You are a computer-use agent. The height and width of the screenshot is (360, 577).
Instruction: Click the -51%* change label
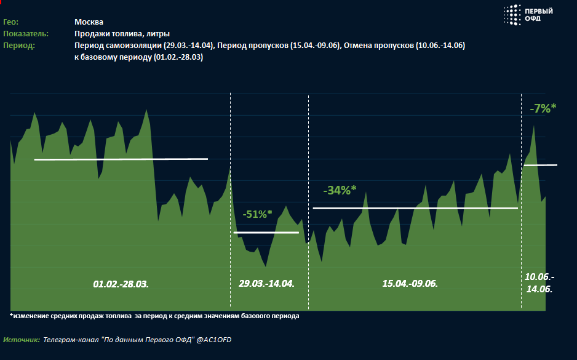pos(257,214)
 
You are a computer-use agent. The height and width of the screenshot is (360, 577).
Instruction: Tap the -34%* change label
pos(340,191)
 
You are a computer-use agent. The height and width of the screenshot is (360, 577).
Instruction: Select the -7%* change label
pos(543,108)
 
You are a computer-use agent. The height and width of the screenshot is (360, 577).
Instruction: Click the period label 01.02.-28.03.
pos(121,284)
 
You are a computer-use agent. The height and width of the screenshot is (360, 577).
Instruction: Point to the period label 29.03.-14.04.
pos(266,284)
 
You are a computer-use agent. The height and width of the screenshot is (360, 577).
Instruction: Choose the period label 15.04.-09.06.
pos(410,284)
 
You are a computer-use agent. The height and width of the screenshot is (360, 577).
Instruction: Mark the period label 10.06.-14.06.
pos(539,282)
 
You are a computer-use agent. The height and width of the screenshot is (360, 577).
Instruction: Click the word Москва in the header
pos(89,22)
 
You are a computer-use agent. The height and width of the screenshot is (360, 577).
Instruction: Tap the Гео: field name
pos(11,22)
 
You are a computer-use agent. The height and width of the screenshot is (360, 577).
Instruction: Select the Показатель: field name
pos(26,34)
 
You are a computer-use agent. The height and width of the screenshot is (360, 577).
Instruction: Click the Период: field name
pos(19,46)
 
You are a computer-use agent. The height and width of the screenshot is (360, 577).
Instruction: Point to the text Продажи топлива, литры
pos(122,34)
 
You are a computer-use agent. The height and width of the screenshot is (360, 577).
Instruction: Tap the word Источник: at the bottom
pos(22,340)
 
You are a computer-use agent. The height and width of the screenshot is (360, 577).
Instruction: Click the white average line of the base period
pos(121,159)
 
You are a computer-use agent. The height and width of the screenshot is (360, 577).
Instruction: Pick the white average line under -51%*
pos(266,232)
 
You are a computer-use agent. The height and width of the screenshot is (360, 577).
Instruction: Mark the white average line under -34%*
pos(415,208)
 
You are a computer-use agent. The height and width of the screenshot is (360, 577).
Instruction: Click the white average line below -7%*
pos(540,165)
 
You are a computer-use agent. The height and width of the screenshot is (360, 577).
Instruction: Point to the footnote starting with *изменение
pos(154,316)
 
